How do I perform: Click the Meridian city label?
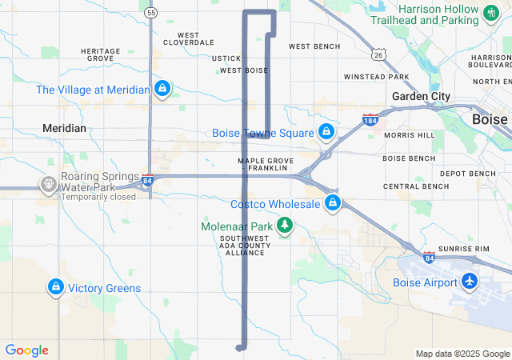coord(64,128)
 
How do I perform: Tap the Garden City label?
coord(420,96)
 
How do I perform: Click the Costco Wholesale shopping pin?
coord(332,204)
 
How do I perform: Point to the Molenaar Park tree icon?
coord(284,227)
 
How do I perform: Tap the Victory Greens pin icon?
coord(55,287)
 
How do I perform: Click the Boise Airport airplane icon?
coord(468,282)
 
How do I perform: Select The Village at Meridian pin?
coord(162,89)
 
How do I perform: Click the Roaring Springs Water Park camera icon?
coord(49,186)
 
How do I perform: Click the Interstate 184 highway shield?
coord(370,120)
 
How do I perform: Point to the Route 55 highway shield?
coord(152,13)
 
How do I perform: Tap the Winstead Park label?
coord(376,77)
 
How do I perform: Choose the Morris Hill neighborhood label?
coord(409,135)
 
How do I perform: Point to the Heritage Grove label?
coord(101,55)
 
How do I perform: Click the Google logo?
coord(27,350)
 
